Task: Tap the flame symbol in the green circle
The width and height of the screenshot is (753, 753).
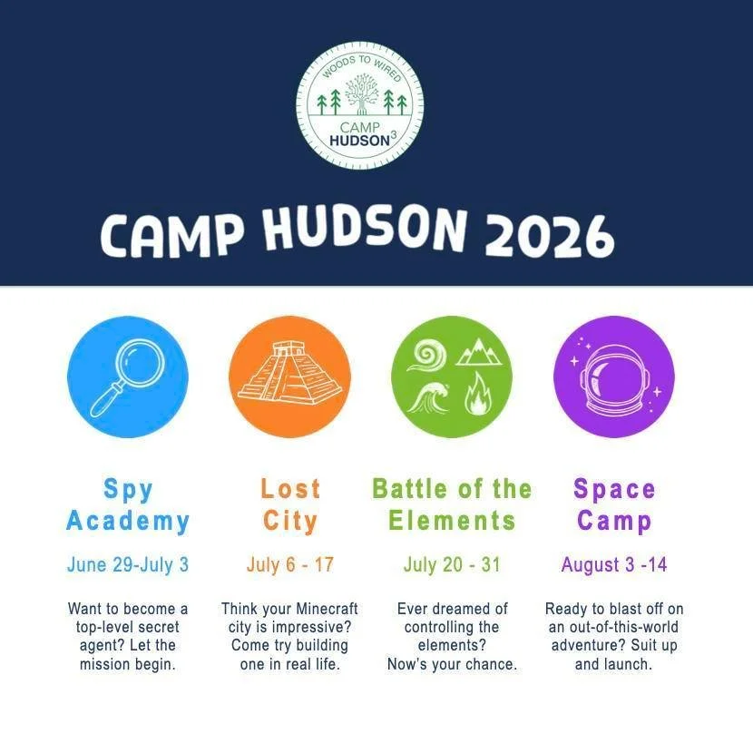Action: pos(477,396)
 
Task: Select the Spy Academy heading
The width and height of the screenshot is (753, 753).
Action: pos(128,504)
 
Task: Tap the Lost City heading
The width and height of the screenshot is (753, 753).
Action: pos(290,504)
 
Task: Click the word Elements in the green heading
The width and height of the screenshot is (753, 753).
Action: pos(452,521)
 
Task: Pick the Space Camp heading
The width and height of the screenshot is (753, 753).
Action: pos(614,504)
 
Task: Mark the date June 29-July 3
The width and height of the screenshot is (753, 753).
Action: pos(128,564)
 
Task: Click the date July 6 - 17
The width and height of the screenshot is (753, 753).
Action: pos(290,564)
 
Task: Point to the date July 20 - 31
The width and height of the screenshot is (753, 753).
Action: pos(452,564)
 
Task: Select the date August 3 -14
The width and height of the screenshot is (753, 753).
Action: pos(614,564)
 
